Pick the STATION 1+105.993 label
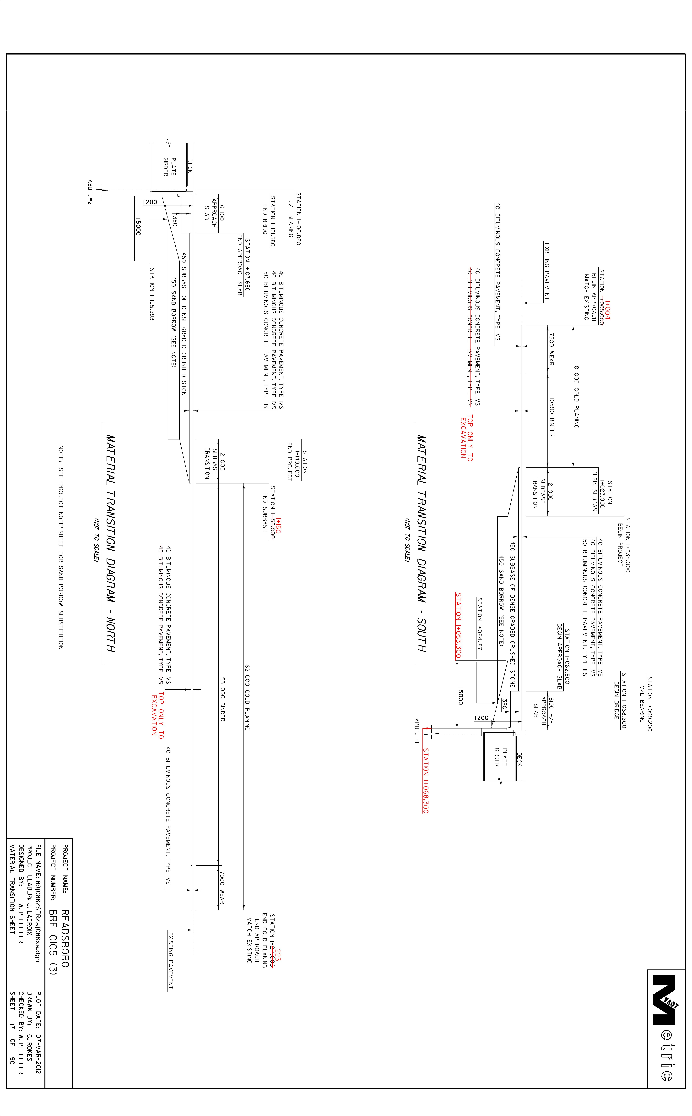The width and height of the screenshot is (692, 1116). pos(152,294)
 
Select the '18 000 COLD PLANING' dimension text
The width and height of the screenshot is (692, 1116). pos(576,396)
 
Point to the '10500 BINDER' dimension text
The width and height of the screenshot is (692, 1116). pos(551,417)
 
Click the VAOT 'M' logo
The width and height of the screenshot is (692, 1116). pos(665,999)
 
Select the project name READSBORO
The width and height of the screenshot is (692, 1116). pos(65,938)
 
